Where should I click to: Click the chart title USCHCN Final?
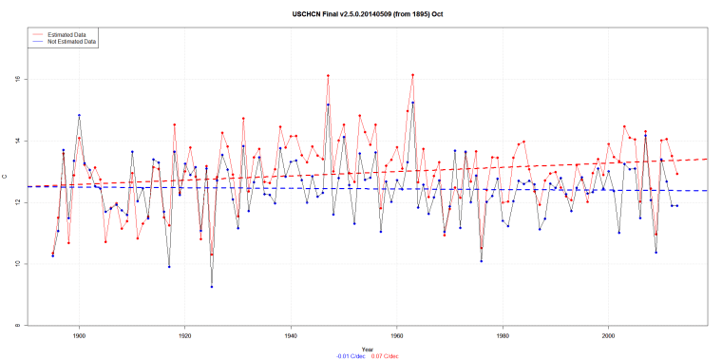360,14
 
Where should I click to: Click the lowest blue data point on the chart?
212,287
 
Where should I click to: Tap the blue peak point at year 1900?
79,115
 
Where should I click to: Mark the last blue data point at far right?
676,205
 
